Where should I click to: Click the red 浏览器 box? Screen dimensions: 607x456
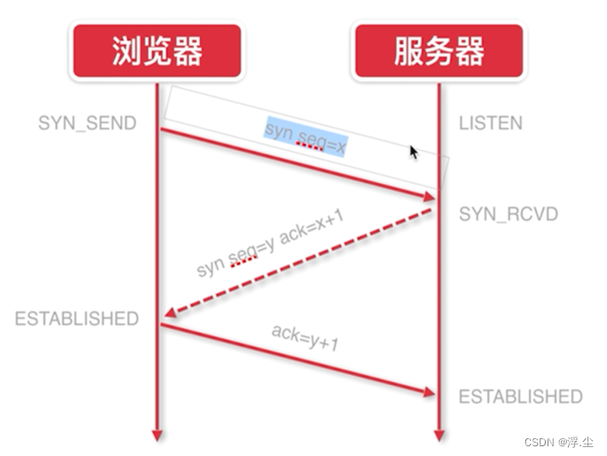click(x=157, y=51)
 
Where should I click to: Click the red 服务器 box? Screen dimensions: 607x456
click(x=439, y=51)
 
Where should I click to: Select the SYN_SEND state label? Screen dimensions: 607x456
click(x=87, y=122)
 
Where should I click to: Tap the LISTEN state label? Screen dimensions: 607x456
click(x=491, y=123)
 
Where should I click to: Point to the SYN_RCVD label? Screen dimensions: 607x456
click(x=508, y=214)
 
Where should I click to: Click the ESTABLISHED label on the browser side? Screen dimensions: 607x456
click(x=77, y=318)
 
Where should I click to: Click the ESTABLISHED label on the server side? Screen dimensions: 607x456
click(x=521, y=396)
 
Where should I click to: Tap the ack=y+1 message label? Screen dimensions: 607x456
click(x=305, y=338)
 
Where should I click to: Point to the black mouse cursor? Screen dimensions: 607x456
click(x=414, y=152)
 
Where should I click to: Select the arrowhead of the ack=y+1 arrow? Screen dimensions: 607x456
click(x=430, y=392)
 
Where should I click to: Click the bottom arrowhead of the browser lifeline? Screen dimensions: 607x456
click(x=157, y=436)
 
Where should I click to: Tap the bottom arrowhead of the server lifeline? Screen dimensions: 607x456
click(x=438, y=436)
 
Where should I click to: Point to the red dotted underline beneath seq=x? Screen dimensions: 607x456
click(x=310, y=148)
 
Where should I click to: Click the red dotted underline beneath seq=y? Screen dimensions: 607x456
click(x=243, y=263)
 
